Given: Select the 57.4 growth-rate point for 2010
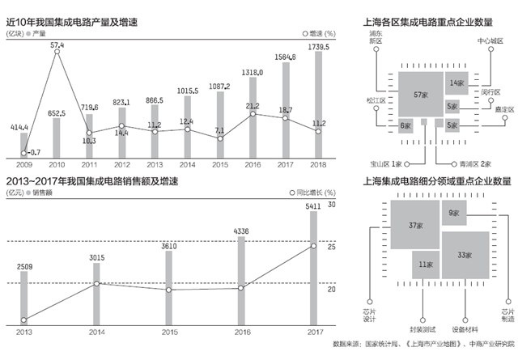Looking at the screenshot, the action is point(57,56).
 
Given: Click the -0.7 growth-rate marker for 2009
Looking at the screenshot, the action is point(23,150).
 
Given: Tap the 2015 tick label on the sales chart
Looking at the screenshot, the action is point(169,330).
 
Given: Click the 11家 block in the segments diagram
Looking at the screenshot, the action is point(424,264).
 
